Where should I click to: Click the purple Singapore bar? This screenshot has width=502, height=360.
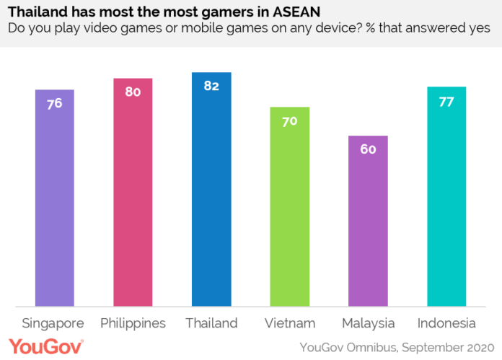click(54, 198)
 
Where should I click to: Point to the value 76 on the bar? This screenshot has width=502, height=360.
click(54, 103)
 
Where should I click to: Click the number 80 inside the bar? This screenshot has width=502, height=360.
click(133, 92)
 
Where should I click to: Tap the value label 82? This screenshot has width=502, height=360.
click(211, 86)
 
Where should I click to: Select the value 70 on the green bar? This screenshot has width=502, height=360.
click(289, 120)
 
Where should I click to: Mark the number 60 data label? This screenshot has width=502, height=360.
click(368, 149)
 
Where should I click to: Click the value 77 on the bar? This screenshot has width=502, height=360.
click(446, 101)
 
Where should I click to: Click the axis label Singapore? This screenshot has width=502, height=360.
click(53, 322)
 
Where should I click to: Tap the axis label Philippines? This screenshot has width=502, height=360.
click(133, 322)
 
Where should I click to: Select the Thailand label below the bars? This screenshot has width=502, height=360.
click(211, 322)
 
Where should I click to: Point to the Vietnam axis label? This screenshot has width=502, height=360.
click(289, 322)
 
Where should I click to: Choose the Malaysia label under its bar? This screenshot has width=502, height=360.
click(368, 322)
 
